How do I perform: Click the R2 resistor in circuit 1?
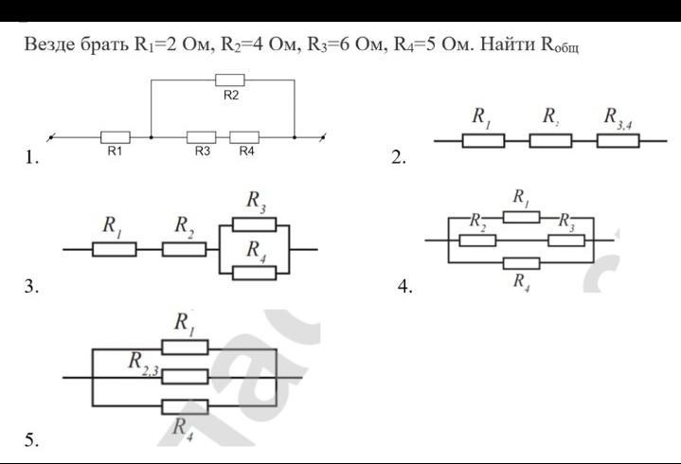230,80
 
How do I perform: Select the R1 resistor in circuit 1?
115,136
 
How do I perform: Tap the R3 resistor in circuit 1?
201,136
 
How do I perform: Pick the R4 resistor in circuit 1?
244,136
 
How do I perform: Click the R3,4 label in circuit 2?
621,116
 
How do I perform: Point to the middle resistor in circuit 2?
550,141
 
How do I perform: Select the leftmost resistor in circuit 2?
483,141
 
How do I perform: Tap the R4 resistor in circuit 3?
255,272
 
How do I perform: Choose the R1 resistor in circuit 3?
115,249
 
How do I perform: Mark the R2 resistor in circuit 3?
184,249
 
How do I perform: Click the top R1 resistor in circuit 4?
520,217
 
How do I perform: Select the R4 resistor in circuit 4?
522,262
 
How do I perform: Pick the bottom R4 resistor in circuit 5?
185,407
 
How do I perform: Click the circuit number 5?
31,439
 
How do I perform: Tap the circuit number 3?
31,289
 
